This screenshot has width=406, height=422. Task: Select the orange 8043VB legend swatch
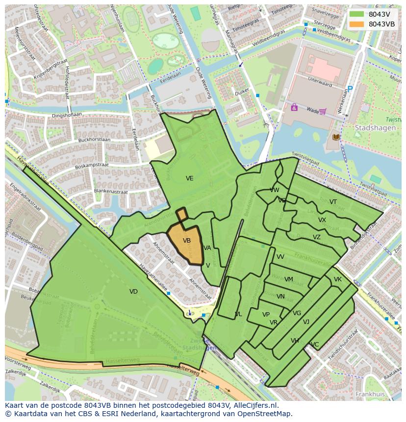356,24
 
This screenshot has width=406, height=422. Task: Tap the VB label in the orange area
187,241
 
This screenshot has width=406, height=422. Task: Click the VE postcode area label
190,178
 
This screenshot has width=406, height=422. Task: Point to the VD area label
133,292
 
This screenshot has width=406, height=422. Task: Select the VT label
333,202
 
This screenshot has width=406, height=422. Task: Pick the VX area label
322,220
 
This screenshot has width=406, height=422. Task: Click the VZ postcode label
317,237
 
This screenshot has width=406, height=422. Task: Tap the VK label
338,279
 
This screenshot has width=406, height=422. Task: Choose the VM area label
289,279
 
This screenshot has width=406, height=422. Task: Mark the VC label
315,345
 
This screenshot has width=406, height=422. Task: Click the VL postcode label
238,314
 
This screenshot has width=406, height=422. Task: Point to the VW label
275,190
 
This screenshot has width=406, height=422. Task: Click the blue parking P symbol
350,89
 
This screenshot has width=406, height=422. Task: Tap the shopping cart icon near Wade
322,111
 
